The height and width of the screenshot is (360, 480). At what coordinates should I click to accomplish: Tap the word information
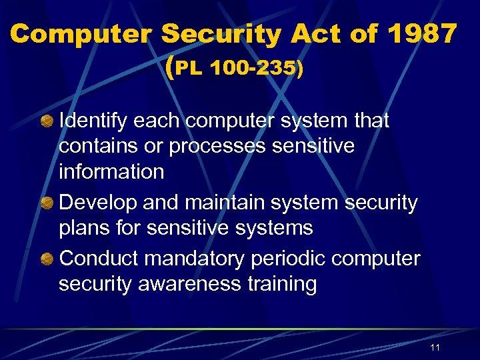111,171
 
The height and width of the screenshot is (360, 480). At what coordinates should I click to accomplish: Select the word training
284,284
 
